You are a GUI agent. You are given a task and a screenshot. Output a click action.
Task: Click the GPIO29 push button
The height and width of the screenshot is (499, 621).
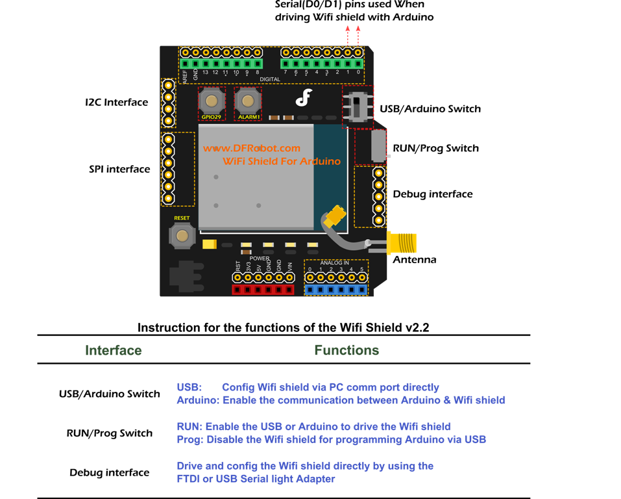point(212,101)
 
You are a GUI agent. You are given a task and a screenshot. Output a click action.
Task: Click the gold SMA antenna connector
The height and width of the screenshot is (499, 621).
point(402,244)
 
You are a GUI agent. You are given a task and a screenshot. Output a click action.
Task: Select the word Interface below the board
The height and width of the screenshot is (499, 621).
point(113,350)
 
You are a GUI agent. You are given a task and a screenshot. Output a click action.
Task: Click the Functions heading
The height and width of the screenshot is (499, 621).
point(347,350)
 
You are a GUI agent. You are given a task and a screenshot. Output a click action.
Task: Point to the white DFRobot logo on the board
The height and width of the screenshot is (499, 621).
point(304,97)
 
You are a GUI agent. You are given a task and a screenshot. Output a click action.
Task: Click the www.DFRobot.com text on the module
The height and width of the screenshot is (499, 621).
point(252,148)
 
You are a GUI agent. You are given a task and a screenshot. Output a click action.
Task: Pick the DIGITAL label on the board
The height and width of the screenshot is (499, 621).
point(270,79)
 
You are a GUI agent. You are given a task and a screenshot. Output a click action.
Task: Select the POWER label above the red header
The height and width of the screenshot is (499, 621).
point(260,258)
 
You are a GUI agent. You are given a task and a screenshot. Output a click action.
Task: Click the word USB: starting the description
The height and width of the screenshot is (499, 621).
point(189,387)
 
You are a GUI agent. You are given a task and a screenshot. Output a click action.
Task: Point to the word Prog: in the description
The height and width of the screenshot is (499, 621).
point(190,440)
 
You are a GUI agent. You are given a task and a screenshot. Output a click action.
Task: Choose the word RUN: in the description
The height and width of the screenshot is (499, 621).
point(189,427)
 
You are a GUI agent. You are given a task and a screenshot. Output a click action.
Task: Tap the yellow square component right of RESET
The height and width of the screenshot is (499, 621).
point(209,244)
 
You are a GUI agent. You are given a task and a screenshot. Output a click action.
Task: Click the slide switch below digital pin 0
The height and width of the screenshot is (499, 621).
point(356,105)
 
